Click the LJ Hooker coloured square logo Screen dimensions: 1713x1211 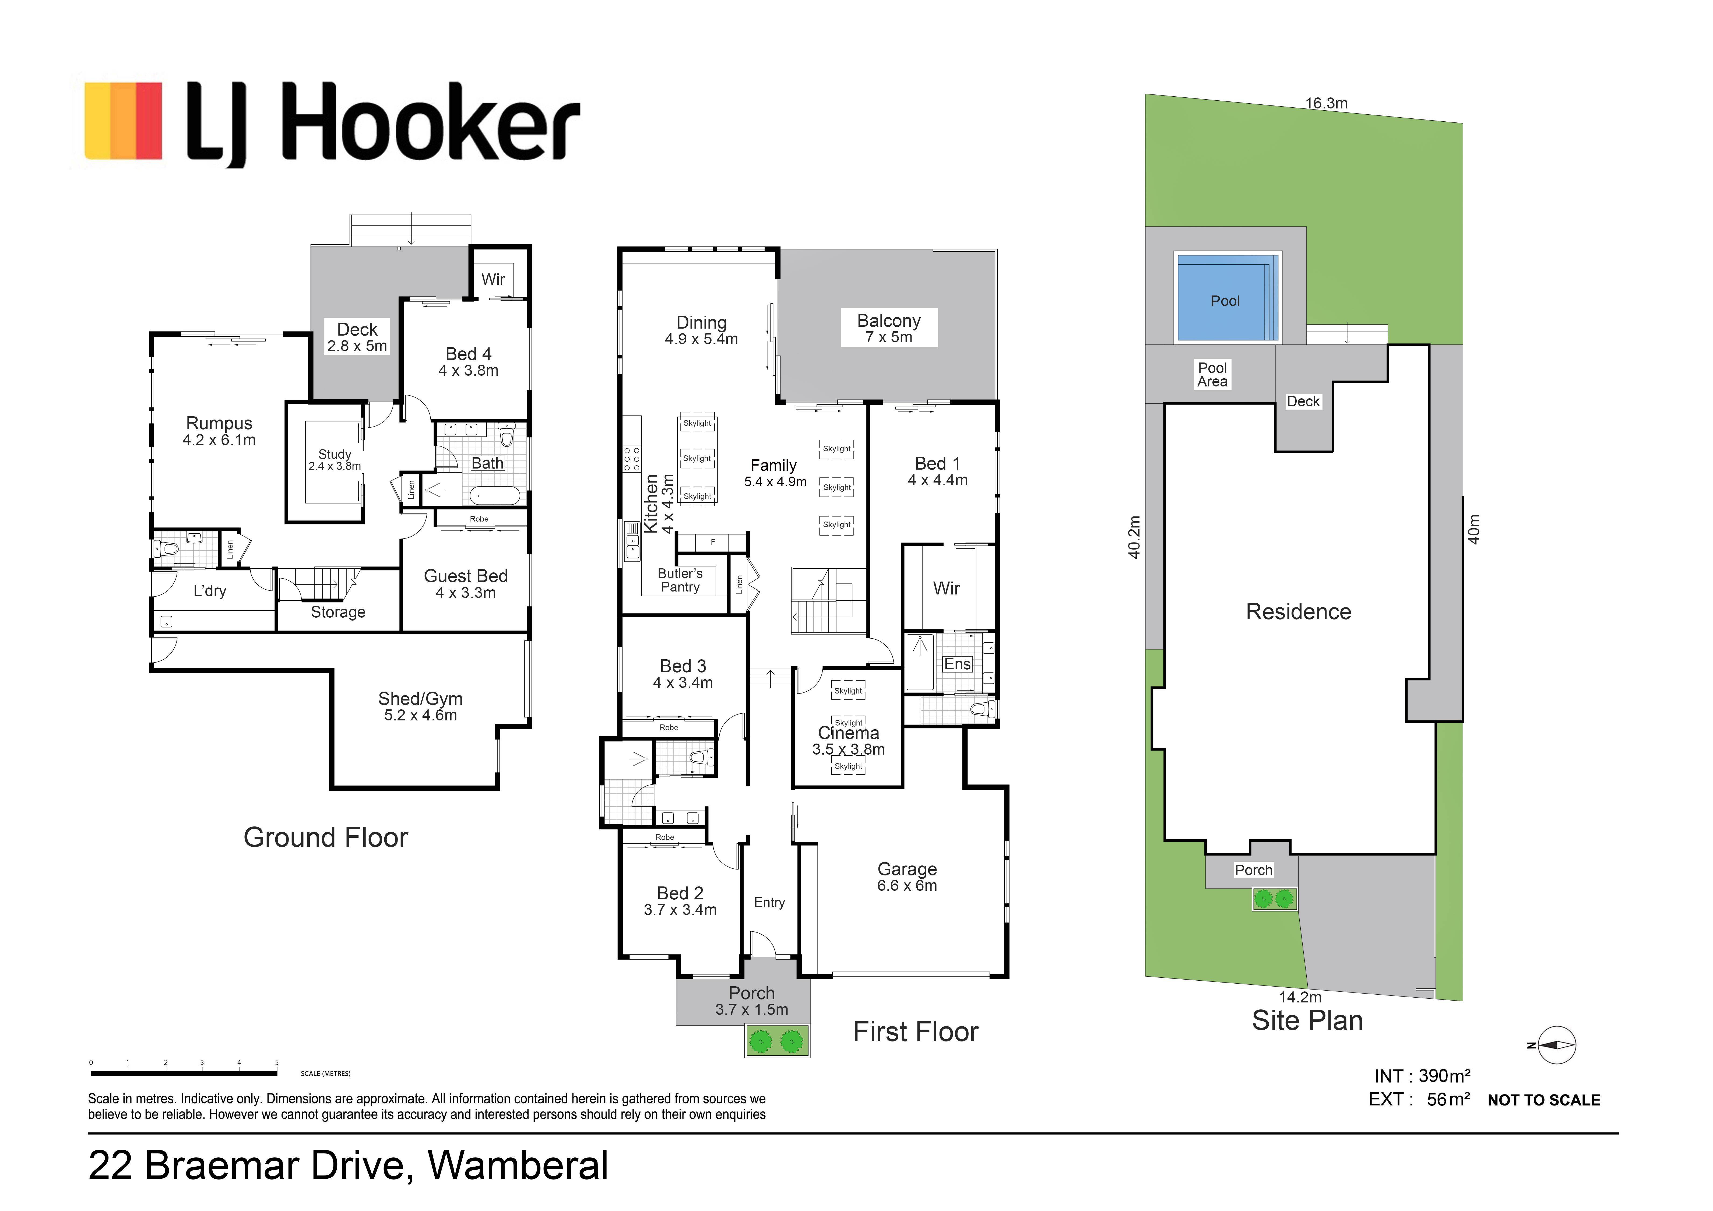coord(123,121)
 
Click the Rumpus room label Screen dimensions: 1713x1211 coord(219,431)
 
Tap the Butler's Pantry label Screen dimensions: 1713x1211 coord(680,580)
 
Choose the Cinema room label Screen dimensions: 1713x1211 coord(848,741)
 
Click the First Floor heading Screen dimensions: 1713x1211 coord(916,1032)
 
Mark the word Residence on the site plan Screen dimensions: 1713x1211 coord(1298,612)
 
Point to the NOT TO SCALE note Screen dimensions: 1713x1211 coord(1544,1101)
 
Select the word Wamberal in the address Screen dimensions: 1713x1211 coord(518,1166)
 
